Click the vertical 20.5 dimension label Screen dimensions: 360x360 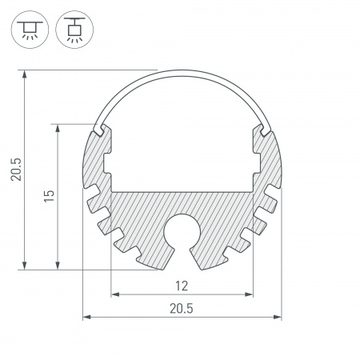click(16, 170)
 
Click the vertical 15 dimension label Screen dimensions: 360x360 click(49, 196)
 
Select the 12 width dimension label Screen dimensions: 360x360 click(182, 286)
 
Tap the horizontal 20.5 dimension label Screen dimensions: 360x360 click(182, 309)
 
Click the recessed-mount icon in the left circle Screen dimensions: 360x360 click(30, 30)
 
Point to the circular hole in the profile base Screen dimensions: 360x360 click(182, 231)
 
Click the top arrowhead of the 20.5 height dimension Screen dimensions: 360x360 click(25, 74)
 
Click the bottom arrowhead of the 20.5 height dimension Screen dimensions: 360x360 click(25, 266)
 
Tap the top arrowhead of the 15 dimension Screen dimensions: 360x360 click(58, 128)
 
